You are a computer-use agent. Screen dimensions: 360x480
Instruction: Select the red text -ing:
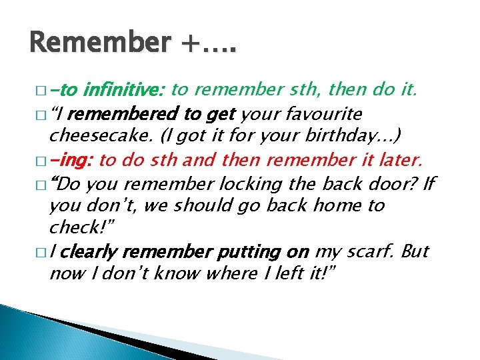71,159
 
